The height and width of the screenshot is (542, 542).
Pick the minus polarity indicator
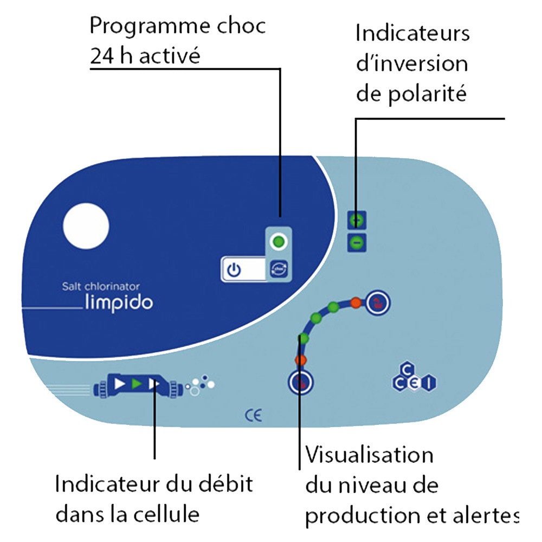click(356, 243)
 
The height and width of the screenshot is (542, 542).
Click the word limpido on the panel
click(119, 302)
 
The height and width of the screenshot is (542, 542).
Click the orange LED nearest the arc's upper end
click(356, 301)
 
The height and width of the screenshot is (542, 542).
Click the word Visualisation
click(370, 455)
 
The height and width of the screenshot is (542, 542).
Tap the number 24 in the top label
click(101, 56)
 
